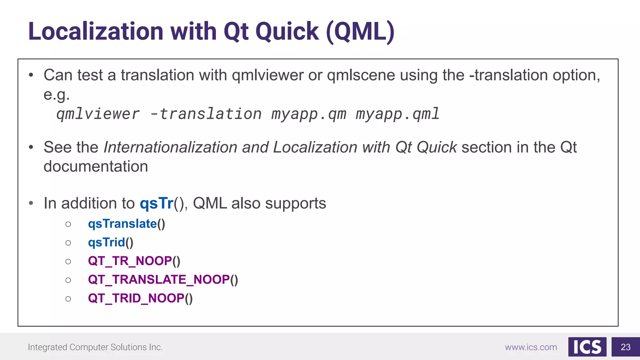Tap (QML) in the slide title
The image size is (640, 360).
point(360,32)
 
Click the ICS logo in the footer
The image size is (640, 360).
point(587,347)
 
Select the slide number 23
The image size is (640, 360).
point(625,347)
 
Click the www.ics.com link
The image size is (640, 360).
point(531,347)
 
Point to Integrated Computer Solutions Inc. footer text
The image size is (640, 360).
point(95,347)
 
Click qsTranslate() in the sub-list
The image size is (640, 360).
point(127,224)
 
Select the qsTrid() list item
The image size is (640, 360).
point(111,242)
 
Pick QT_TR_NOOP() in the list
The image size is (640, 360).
point(134,261)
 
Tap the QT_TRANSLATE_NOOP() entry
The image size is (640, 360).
point(163,280)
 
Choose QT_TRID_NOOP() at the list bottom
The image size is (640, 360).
point(140,298)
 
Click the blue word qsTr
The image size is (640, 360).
point(156,203)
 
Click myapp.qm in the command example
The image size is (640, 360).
point(309,114)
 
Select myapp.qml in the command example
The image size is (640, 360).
point(397,114)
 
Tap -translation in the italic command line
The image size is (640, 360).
point(206,114)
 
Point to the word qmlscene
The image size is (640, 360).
point(361,75)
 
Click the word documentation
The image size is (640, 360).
point(96,167)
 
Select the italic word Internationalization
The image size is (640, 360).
point(170,147)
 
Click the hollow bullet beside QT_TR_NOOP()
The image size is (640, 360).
point(68,262)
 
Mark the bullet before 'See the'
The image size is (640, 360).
point(31,147)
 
